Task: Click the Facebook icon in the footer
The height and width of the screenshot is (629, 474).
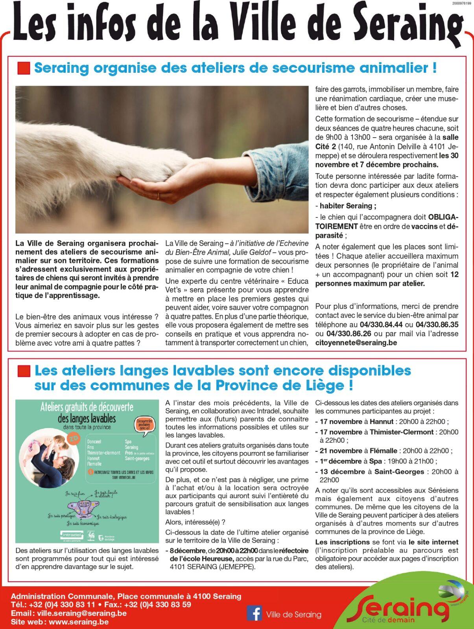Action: tap(254, 613)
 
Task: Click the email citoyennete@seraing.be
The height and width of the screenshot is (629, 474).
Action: tap(356, 342)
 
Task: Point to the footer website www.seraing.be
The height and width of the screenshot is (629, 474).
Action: tap(79, 622)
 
